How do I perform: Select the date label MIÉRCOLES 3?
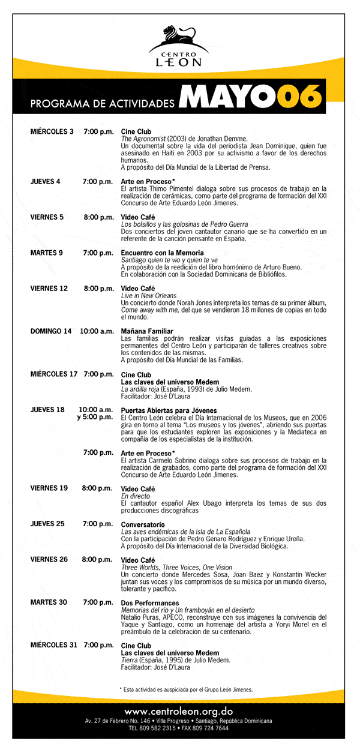click(x=52, y=131)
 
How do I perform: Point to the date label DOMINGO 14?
click(x=51, y=331)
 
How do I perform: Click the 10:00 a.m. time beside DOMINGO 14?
click(x=97, y=331)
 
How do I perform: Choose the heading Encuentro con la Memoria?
click(x=163, y=253)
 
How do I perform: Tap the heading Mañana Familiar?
click(x=147, y=331)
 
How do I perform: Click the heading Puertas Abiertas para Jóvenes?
click(x=165, y=410)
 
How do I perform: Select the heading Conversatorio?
click(x=143, y=524)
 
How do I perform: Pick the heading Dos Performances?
click(x=150, y=602)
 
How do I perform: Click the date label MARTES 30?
click(x=49, y=602)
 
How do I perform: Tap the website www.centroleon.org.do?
click(x=179, y=711)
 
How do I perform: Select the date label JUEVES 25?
click(x=47, y=524)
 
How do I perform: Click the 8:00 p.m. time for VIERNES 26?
click(x=97, y=560)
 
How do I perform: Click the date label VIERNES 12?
click(x=49, y=289)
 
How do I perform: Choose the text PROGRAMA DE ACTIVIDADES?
click(x=102, y=104)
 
